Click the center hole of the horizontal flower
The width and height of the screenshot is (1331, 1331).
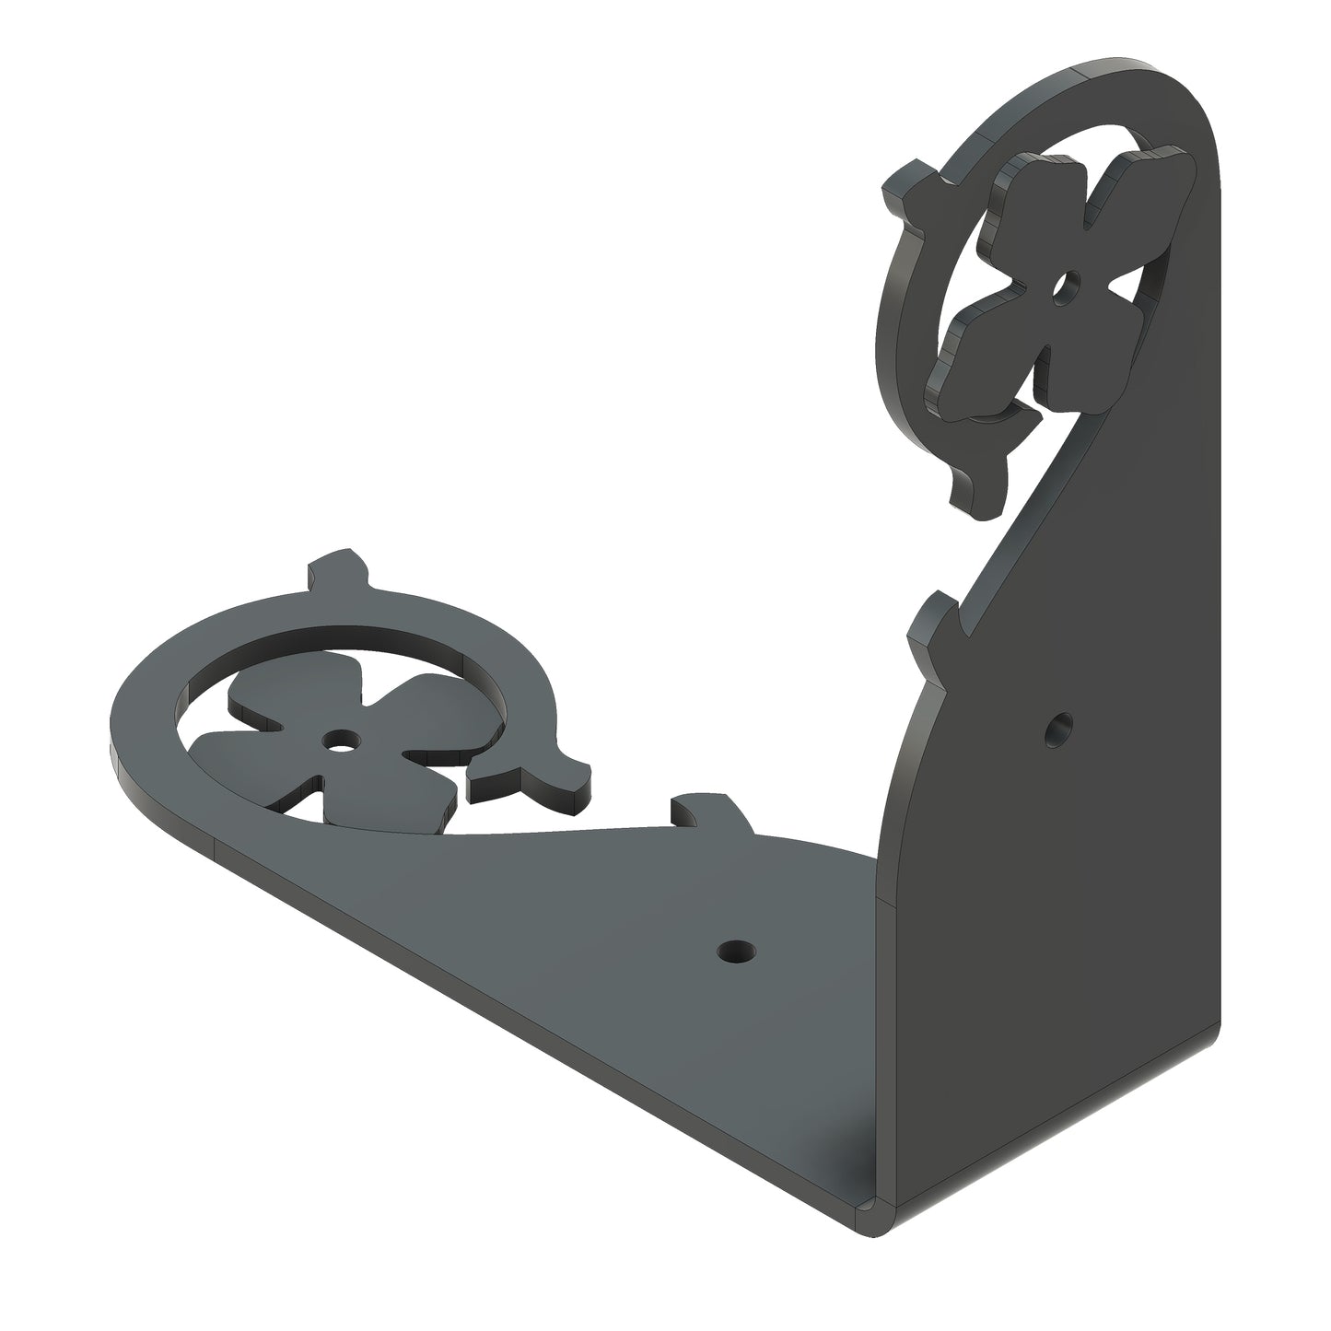[342, 738]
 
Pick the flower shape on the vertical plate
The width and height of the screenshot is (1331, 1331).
[1059, 276]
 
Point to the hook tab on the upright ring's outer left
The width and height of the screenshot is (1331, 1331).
[907, 191]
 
